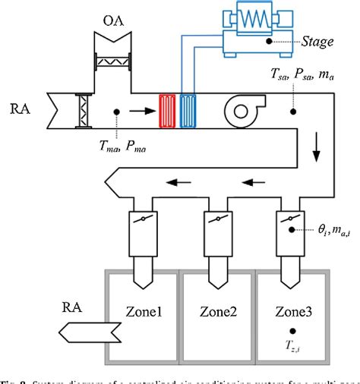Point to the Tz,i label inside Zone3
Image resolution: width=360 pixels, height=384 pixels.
click(x=292, y=348)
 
